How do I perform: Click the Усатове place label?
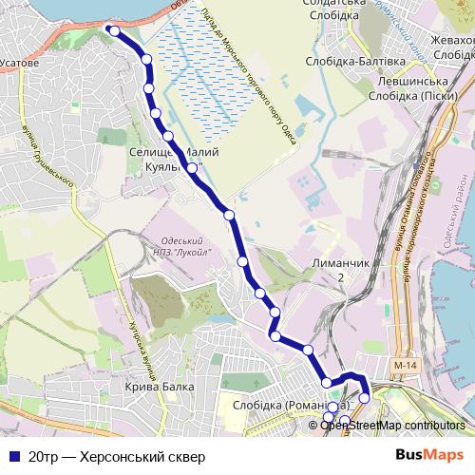point(20,63)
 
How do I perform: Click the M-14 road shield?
point(404,365)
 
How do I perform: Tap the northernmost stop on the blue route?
point(114,30)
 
